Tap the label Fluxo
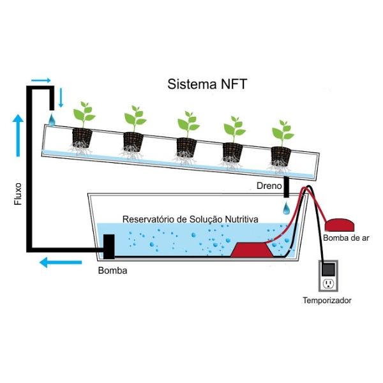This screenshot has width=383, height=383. [x=18, y=194]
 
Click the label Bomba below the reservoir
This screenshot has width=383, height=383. [x=112, y=270]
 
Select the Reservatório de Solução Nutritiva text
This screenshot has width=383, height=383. [x=190, y=219]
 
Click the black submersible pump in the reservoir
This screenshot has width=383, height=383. [x=109, y=247]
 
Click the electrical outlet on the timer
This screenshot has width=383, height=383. [x=329, y=283]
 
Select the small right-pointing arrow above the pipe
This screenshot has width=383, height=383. [x=40, y=80]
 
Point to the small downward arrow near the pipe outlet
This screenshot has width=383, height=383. [x=61, y=97]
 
